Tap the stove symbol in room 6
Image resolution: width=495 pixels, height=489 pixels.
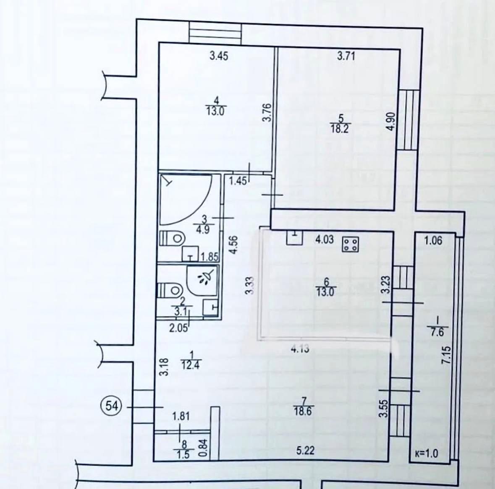(x=351, y=244)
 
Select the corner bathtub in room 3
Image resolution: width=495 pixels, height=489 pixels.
(x=186, y=199)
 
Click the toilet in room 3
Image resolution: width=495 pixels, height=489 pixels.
(x=172, y=238)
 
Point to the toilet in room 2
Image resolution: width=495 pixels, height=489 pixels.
(x=170, y=289)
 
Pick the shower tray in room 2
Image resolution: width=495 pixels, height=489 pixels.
(x=202, y=281)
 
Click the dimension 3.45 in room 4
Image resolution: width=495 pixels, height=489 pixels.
(x=219, y=57)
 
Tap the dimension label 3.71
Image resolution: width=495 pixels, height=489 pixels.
(x=346, y=56)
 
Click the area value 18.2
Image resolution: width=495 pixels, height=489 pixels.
(x=340, y=129)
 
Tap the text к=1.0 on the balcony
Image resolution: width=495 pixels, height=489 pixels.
(x=427, y=454)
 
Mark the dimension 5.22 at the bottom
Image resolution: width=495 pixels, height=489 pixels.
(x=306, y=450)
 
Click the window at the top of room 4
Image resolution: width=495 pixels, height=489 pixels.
(x=216, y=32)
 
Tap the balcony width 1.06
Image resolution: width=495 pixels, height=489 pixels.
(x=433, y=241)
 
